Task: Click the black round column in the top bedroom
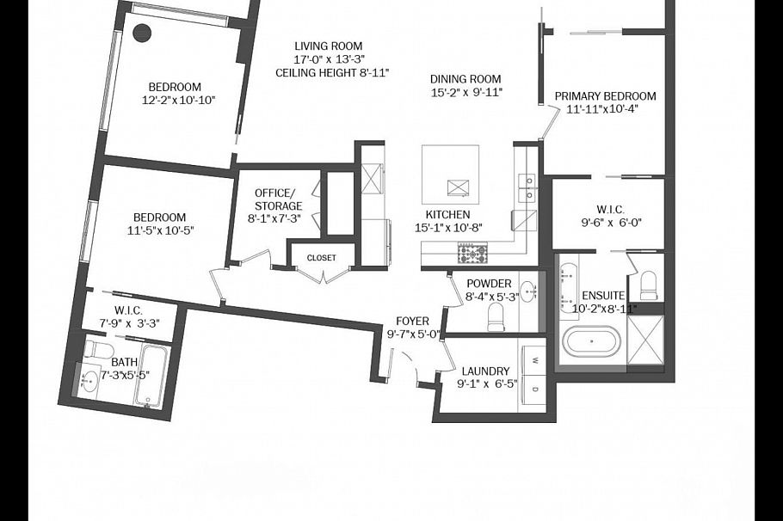(142, 33)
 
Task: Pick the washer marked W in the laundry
(534, 359)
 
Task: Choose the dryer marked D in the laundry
(534, 389)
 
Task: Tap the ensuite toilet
(649, 284)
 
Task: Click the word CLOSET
(322, 258)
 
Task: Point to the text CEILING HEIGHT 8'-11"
(332, 73)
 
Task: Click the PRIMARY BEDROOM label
(605, 96)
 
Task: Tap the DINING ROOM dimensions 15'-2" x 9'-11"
(465, 92)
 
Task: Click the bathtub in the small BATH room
(151, 377)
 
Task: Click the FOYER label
(412, 322)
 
